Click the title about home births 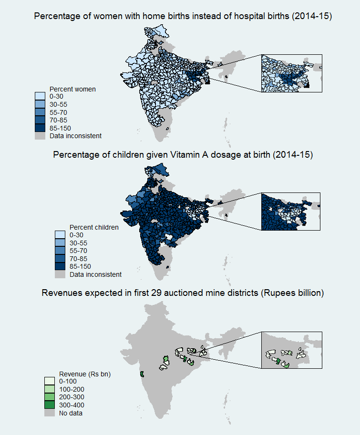click(x=183, y=17)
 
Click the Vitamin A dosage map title click(x=183, y=155)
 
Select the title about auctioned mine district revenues click(x=183, y=293)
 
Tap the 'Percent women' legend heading click(x=73, y=89)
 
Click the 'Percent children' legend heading click(x=94, y=227)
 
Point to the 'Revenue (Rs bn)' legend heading click(x=85, y=374)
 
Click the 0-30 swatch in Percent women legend click(x=41, y=97)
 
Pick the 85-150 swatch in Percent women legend click(x=41, y=128)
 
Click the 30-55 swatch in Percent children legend click(x=60, y=243)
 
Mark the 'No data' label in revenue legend click(x=71, y=413)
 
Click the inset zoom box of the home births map click(x=292, y=72)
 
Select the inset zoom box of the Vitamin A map click(x=292, y=211)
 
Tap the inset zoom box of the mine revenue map click(x=292, y=350)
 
